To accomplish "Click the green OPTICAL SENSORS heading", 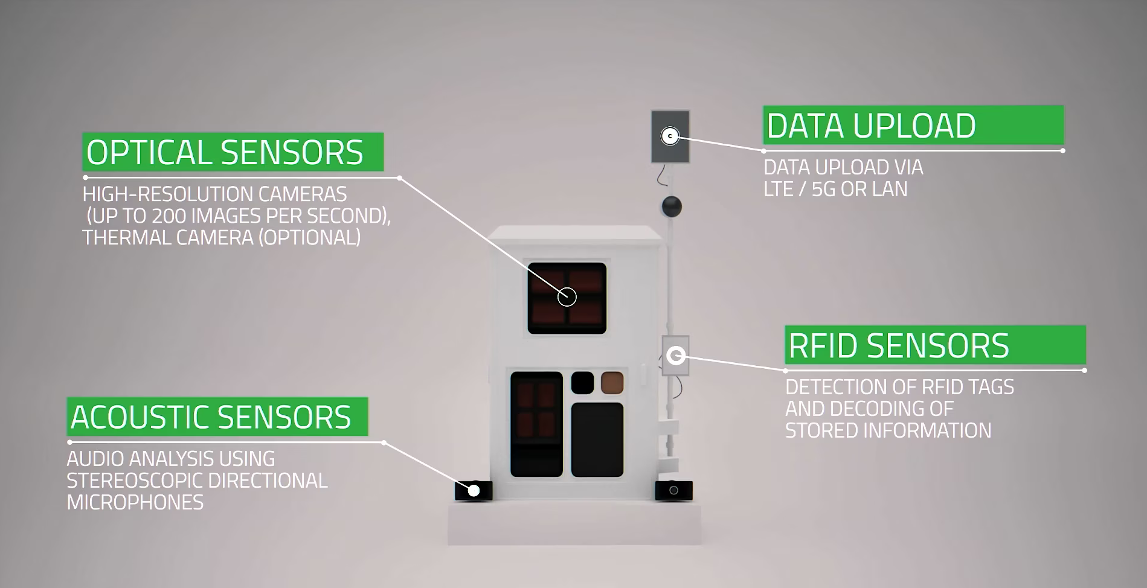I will (225, 153).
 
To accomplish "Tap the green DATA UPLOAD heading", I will (871, 126).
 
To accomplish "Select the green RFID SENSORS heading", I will (899, 346).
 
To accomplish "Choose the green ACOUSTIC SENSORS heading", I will (211, 417).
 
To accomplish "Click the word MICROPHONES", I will (135, 502).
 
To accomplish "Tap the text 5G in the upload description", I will (824, 190).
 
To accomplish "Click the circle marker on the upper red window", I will (567, 296).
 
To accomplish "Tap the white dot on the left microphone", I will (474, 491).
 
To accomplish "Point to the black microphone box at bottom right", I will (673, 490).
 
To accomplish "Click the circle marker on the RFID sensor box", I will (676, 356).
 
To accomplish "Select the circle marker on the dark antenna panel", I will (670, 136).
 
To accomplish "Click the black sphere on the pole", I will (671, 206).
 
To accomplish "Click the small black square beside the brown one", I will (583, 383).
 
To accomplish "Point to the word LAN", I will (891, 190).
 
